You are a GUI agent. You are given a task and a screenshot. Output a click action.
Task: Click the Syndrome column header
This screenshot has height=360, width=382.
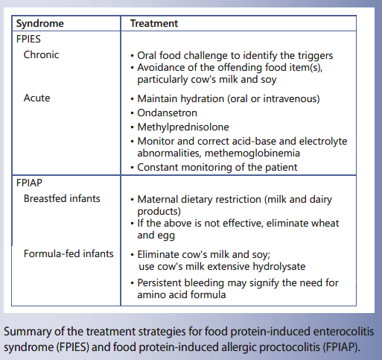click(40, 23)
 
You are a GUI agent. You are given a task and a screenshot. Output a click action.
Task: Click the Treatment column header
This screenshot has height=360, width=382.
click(153, 23)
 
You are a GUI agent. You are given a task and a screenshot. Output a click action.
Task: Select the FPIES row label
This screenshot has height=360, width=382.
click(31, 40)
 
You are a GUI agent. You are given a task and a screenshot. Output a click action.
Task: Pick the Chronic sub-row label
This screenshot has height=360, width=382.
click(41, 55)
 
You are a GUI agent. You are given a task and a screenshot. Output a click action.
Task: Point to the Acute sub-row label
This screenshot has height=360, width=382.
click(37, 98)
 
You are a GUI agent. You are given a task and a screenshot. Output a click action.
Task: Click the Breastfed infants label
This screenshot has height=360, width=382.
click(61, 198)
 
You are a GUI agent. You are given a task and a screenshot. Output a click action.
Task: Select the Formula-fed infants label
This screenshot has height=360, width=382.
click(68, 253)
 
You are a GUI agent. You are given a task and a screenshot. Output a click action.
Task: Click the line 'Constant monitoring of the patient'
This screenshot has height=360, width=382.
click(217, 168)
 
